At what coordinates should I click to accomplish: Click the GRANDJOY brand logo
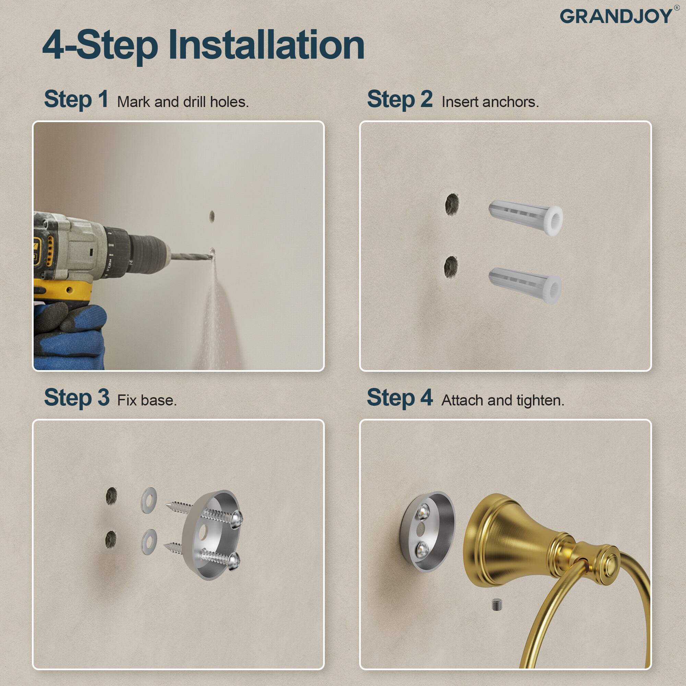(x=616, y=17)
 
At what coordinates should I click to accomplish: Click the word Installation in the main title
(x=266, y=45)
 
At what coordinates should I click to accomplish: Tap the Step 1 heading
(x=76, y=99)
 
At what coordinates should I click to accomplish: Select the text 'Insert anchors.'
(x=490, y=102)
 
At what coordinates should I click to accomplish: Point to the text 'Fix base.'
(x=147, y=401)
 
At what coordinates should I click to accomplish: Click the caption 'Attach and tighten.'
(x=503, y=401)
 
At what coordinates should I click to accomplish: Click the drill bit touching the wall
(x=192, y=256)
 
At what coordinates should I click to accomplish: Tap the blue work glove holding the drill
(x=71, y=334)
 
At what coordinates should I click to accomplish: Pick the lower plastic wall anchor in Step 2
(x=525, y=284)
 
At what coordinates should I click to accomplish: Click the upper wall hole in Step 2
(x=452, y=204)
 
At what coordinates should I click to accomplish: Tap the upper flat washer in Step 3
(x=149, y=500)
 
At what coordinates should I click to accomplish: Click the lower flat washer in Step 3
(x=149, y=542)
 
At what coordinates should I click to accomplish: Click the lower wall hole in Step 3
(x=111, y=539)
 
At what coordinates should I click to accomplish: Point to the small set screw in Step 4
(x=497, y=605)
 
